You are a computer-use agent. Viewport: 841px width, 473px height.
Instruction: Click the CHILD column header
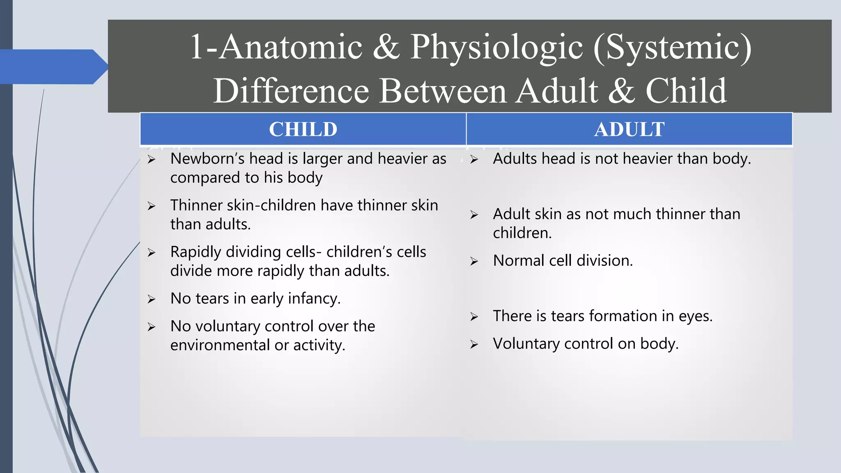pyautogui.click(x=303, y=129)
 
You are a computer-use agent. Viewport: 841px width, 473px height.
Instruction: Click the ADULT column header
pyautogui.click(x=629, y=129)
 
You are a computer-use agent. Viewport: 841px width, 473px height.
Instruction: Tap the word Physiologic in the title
pyautogui.click(x=496, y=47)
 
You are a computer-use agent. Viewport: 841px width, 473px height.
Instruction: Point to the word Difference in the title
pyautogui.click(x=291, y=91)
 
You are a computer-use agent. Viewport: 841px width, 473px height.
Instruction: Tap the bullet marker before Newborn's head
pyautogui.click(x=152, y=160)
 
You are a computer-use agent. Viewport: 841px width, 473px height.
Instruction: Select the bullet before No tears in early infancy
pyautogui.click(x=152, y=299)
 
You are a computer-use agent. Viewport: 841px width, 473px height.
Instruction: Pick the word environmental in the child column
pyautogui.click(x=220, y=345)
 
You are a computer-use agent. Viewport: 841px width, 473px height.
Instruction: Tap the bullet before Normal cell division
pyautogui.click(x=474, y=262)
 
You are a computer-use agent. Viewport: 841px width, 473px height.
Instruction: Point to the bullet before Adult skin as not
pyautogui.click(x=474, y=215)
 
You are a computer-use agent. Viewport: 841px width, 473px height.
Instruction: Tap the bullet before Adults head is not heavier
pyautogui.click(x=474, y=160)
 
